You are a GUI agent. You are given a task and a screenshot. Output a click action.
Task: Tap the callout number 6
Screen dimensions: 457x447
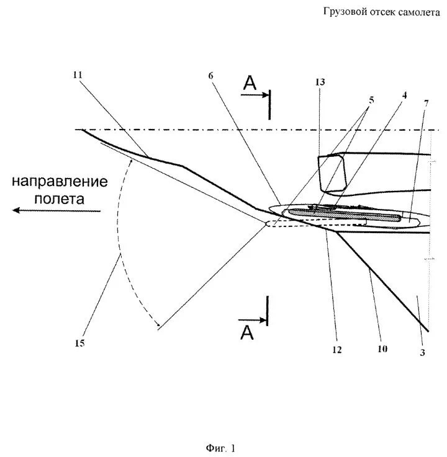pyautogui.click(x=210, y=75)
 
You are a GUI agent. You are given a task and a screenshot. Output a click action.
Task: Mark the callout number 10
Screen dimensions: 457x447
pyautogui.click(x=382, y=349)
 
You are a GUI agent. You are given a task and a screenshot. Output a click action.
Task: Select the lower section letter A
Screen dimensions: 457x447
pyautogui.click(x=247, y=334)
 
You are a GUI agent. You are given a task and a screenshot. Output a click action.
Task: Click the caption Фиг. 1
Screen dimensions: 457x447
pyautogui.click(x=222, y=447)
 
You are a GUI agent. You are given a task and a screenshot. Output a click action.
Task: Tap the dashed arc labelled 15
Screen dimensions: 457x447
pyautogui.click(x=118, y=248)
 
